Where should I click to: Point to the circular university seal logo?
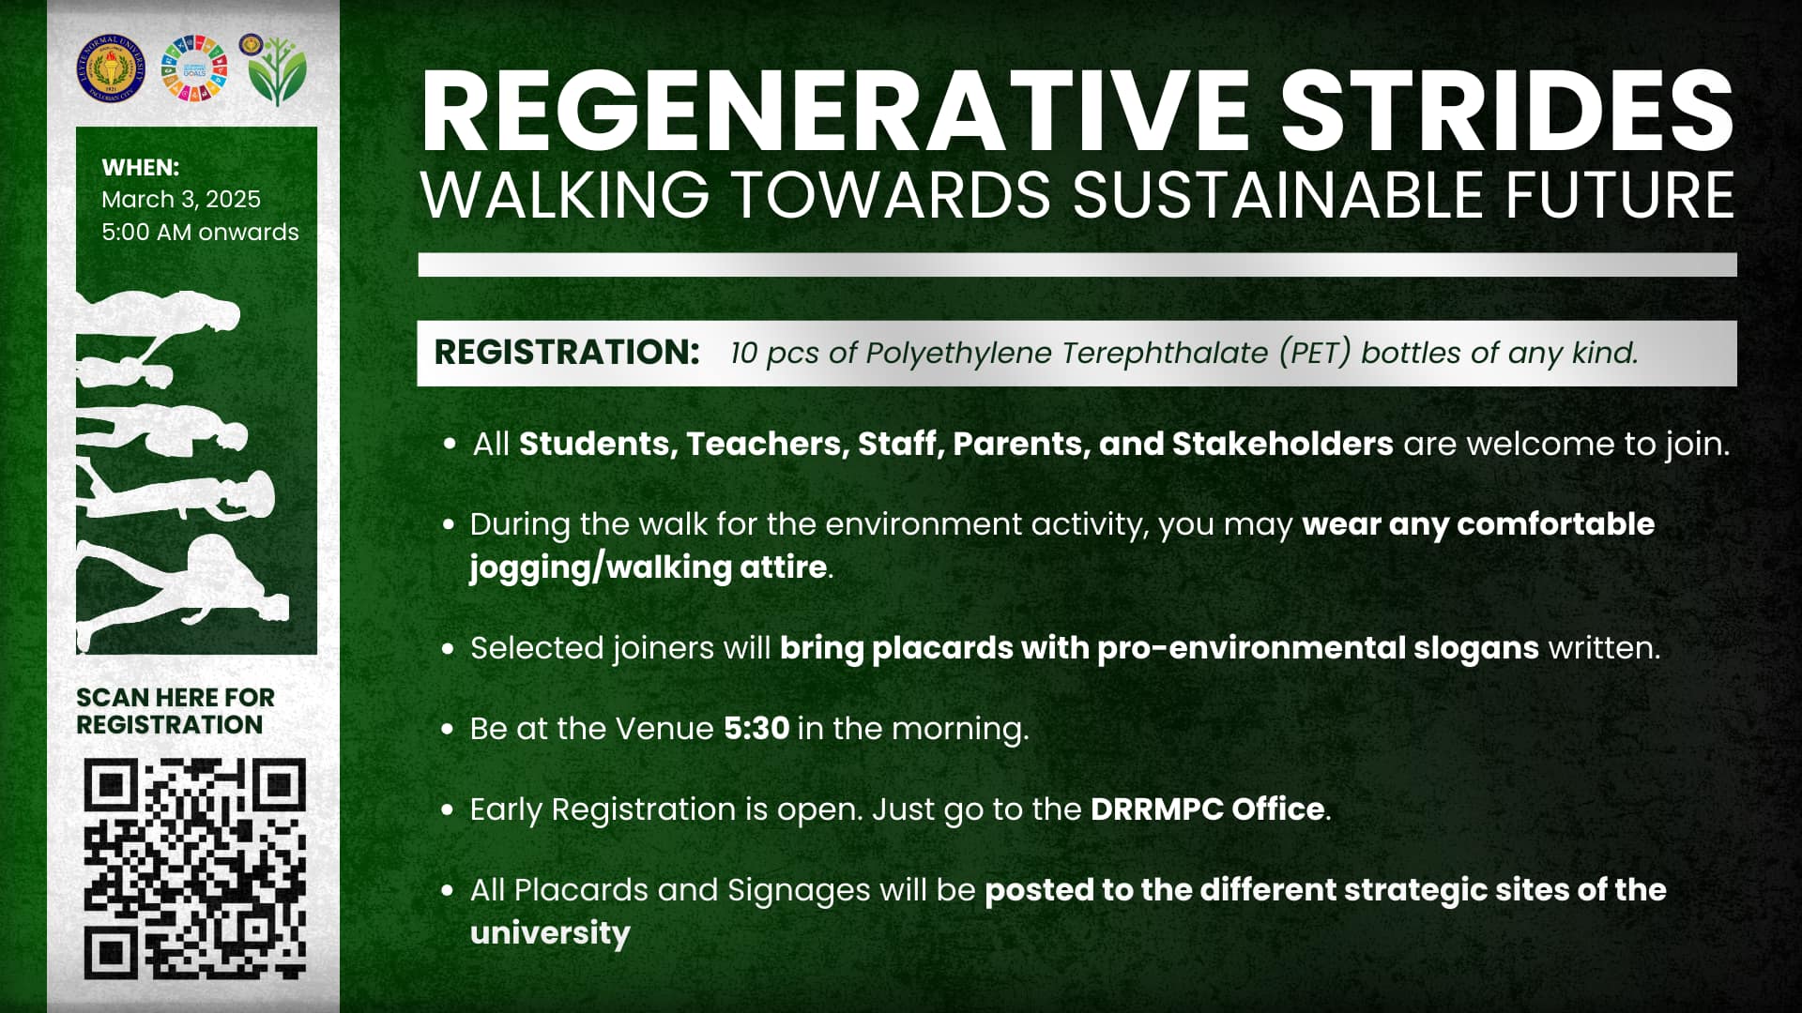coord(112,68)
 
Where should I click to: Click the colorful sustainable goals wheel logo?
coord(195,68)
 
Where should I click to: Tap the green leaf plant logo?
coord(277,71)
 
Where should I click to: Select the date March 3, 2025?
coord(181,199)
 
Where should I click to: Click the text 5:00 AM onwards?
coord(200,232)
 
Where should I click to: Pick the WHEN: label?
coord(141,168)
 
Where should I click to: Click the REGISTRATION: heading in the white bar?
coord(567,353)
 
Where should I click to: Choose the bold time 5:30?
coord(756,728)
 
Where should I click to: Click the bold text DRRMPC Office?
coord(1208,809)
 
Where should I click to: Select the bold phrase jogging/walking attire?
coord(649,567)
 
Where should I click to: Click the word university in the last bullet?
coord(550,933)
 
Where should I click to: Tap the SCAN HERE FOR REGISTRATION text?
coord(176,711)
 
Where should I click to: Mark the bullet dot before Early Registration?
coord(449,809)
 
